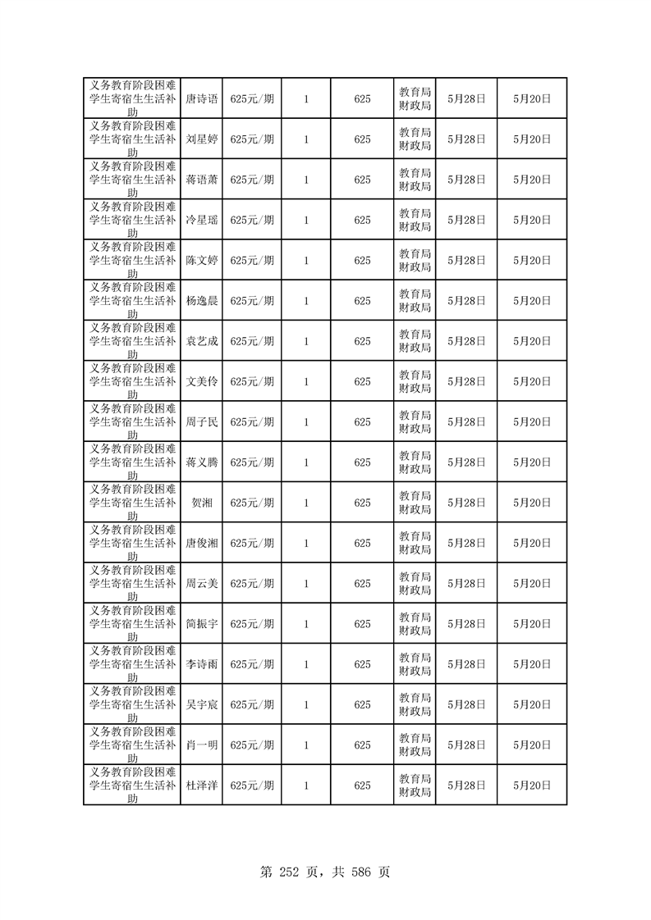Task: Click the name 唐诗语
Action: tap(202, 98)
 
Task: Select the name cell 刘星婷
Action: tap(202, 139)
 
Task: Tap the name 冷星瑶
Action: tap(202, 220)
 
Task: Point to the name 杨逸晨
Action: tap(202, 301)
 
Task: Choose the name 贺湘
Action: tap(202, 503)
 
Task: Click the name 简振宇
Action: tap(202, 624)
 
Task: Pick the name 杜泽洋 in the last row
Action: tap(202, 786)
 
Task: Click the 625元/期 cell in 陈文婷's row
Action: tap(252, 261)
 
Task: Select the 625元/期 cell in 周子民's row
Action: tap(252, 422)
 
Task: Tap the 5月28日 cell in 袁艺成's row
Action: tap(466, 341)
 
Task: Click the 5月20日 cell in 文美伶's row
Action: tap(532, 381)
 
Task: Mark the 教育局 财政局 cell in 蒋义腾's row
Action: tap(415, 462)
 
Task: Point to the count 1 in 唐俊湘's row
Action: tap(306, 543)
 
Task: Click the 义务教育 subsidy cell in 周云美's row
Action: tap(132, 584)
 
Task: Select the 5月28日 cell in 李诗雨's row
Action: tap(466, 664)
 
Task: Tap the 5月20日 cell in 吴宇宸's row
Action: tap(532, 704)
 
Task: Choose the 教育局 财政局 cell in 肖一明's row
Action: tap(415, 745)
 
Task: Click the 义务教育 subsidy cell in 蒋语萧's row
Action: tap(132, 180)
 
